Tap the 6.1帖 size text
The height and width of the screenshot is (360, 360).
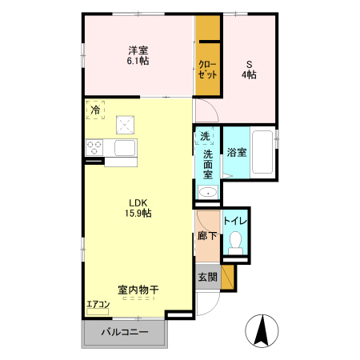coord(139,62)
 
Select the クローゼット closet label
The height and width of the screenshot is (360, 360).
coord(208,67)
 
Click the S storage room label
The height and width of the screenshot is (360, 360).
coord(250,62)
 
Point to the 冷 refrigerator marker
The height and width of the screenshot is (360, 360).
coord(95,110)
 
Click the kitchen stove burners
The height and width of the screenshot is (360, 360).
coord(94,148)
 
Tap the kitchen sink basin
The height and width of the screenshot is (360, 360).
coord(126,148)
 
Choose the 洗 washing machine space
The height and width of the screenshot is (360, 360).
coord(206,136)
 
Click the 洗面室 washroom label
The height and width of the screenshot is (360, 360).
coord(207,163)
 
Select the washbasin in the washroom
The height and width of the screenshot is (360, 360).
coord(208,191)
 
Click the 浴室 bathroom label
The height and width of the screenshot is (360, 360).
coord(235,152)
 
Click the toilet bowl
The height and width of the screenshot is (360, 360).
coord(235,242)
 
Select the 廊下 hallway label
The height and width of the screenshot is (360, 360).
coord(206,236)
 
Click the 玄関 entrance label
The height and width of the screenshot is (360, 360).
coord(206,277)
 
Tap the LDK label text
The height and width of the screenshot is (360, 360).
coord(138,202)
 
